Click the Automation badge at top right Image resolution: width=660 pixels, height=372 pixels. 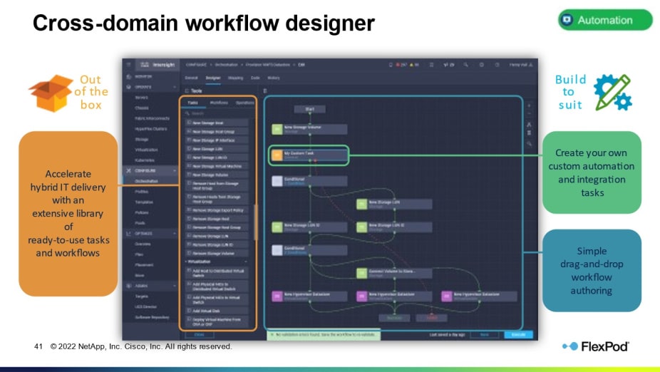[605, 20]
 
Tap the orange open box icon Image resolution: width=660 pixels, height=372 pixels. [50, 93]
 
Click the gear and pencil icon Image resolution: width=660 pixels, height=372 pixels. [612, 92]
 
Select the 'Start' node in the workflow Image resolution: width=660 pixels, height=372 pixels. [309, 110]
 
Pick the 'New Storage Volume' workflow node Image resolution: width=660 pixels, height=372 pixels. [309, 129]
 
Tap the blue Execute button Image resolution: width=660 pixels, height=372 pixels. [517, 334]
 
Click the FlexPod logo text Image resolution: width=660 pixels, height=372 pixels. [605, 346]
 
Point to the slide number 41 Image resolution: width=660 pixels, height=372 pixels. [39, 346]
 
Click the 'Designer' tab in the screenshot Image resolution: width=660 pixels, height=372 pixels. [213, 78]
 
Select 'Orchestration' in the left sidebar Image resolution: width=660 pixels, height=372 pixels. [147, 181]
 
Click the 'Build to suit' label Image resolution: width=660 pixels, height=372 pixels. [570, 92]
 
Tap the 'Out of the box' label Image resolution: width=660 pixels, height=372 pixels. [91, 92]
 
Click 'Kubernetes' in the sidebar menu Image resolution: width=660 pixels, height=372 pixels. [146, 160]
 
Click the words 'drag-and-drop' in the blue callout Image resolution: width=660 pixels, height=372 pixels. [591, 264]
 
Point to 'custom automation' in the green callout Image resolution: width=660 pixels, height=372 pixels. [591, 166]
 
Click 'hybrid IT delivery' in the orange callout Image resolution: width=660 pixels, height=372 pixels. [68, 187]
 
